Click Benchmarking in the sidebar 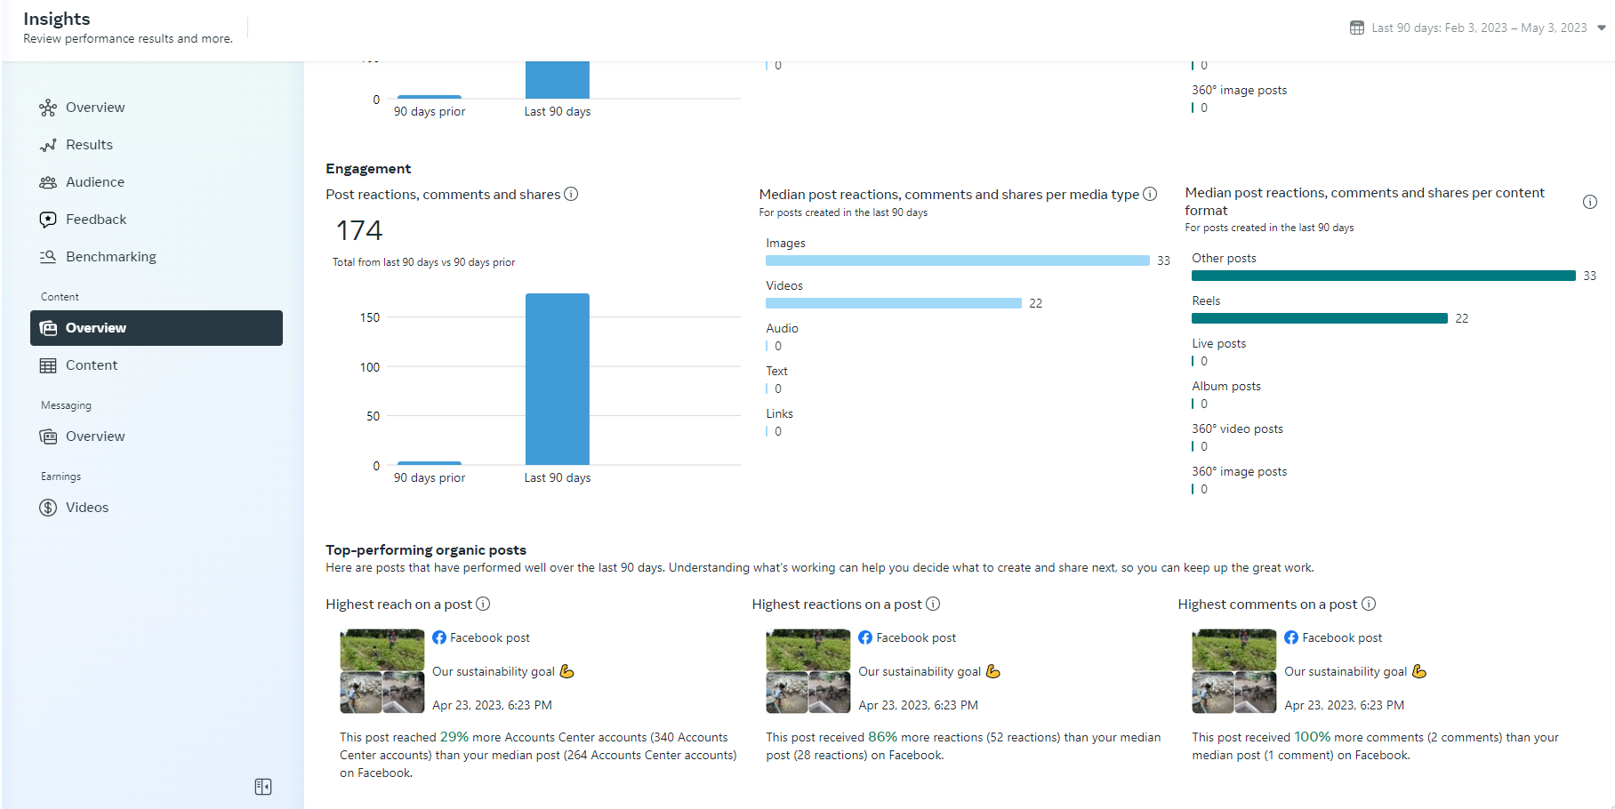pos(110,257)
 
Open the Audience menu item pos(94,182)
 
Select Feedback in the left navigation pos(95,220)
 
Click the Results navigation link pos(89,145)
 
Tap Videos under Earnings pos(86,508)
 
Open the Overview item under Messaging pos(94,437)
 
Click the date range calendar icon pos(1356,28)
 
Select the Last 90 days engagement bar pos(557,379)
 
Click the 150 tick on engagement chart pos(370,317)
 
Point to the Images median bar pos(957,260)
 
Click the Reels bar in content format pos(1319,318)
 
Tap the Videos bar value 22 pos(1035,303)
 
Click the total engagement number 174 pos(359,231)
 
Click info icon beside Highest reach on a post pos(483,605)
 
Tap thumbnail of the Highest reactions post pos(807,671)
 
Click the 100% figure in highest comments pos(1312,737)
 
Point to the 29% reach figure pos(454,737)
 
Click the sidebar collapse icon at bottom pos(263,787)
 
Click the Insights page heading pos(57,19)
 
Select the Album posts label pos(1225,387)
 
